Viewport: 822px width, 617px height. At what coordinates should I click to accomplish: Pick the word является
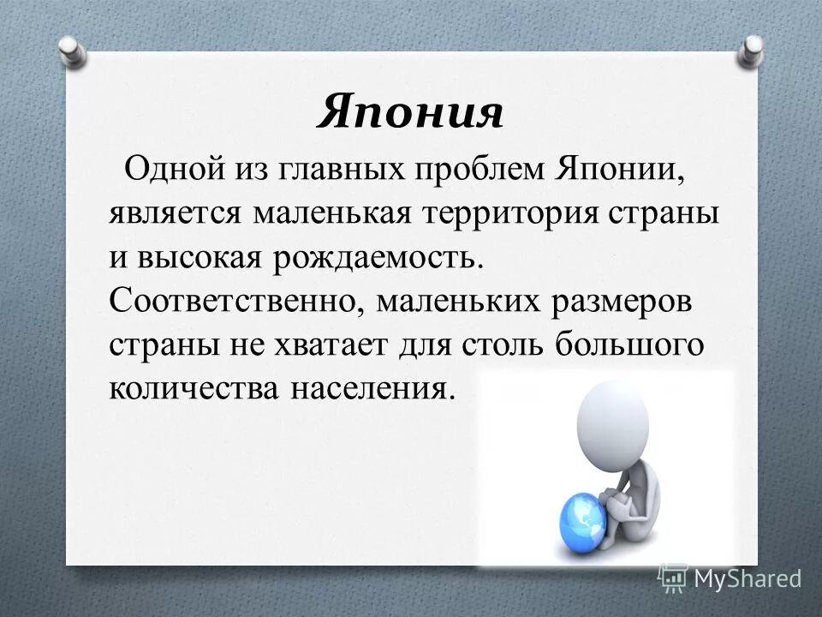click(175, 213)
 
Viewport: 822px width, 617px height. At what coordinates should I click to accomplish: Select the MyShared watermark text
click(747, 578)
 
